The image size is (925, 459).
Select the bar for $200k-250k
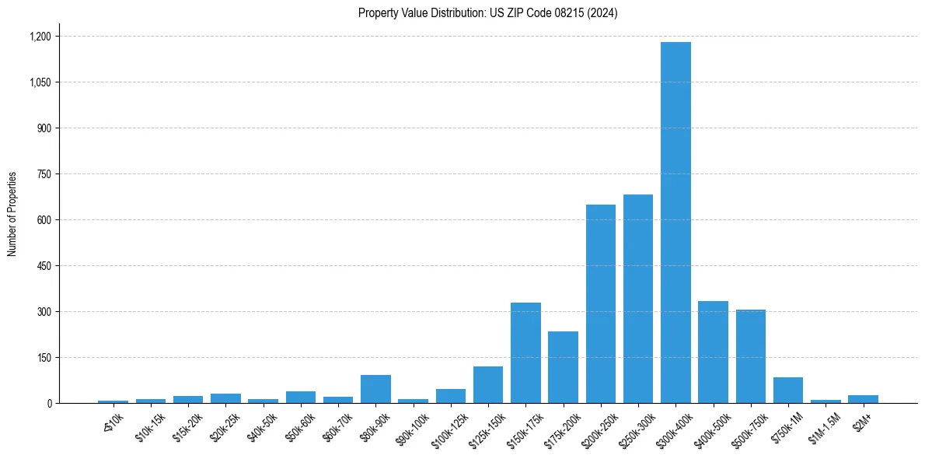tap(601, 303)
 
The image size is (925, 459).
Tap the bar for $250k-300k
tap(638, 299)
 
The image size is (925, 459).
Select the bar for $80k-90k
tap(375, 389)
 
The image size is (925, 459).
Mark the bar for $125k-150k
tap(488, 384)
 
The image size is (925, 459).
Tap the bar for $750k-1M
tap(788, 390)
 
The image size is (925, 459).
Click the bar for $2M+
tap(863, 399)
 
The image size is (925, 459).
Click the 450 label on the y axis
tap(44, 266)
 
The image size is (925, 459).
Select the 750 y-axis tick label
tap(44, 174)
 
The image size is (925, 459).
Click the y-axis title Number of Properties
tap(12, 214)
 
